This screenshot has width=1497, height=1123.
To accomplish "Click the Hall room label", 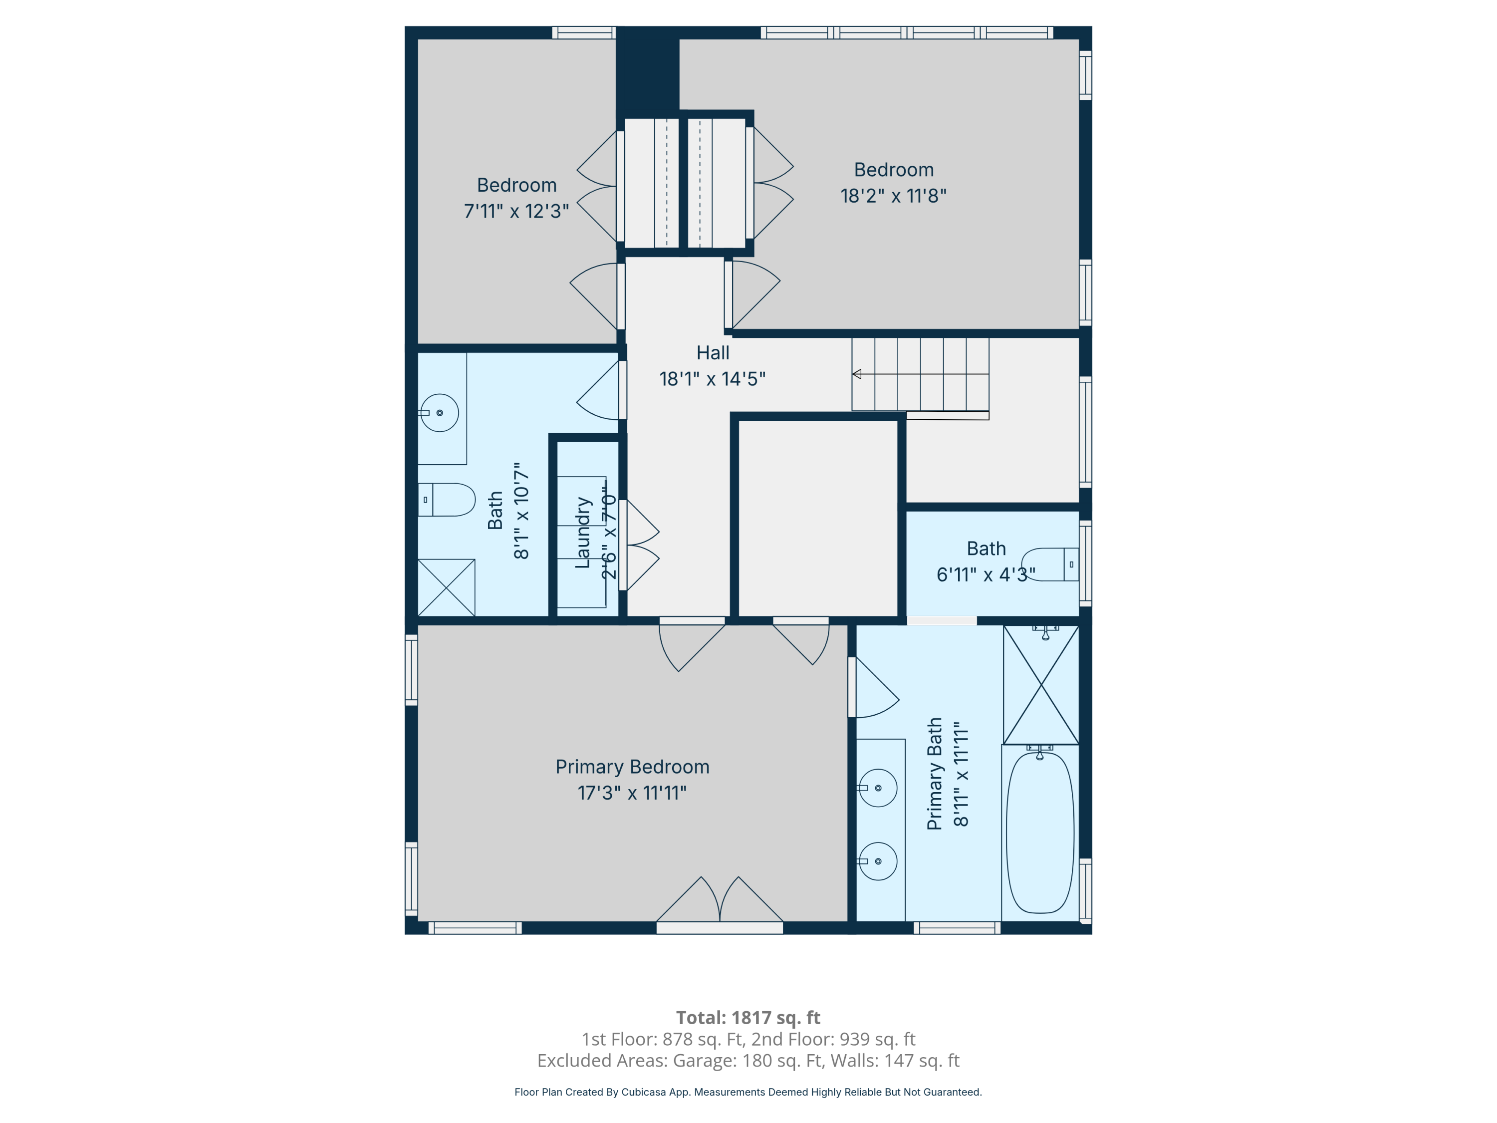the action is [x=713, y=353].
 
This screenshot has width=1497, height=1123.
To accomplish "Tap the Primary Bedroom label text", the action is [x=632, y=767].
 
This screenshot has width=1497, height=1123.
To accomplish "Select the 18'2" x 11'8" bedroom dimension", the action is [x=893, y=196].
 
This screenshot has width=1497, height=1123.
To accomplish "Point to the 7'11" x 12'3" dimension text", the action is [x=516, y=211].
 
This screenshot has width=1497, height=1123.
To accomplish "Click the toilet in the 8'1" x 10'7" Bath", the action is [x=447, y=500].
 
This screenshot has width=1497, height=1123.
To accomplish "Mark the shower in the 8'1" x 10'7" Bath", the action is [x=446, y=587].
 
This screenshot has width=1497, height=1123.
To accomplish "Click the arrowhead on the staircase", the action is [x=857, y=374].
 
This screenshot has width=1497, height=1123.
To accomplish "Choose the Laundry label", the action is [x=583, y=533].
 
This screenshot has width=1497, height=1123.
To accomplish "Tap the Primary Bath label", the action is [x=935, y=774].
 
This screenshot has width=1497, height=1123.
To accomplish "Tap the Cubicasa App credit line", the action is [x=748, y=1092].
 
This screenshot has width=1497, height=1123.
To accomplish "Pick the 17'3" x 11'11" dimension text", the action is [x=632, y=793].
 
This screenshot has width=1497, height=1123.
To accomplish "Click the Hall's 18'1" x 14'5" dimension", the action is [x=713, y=378].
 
